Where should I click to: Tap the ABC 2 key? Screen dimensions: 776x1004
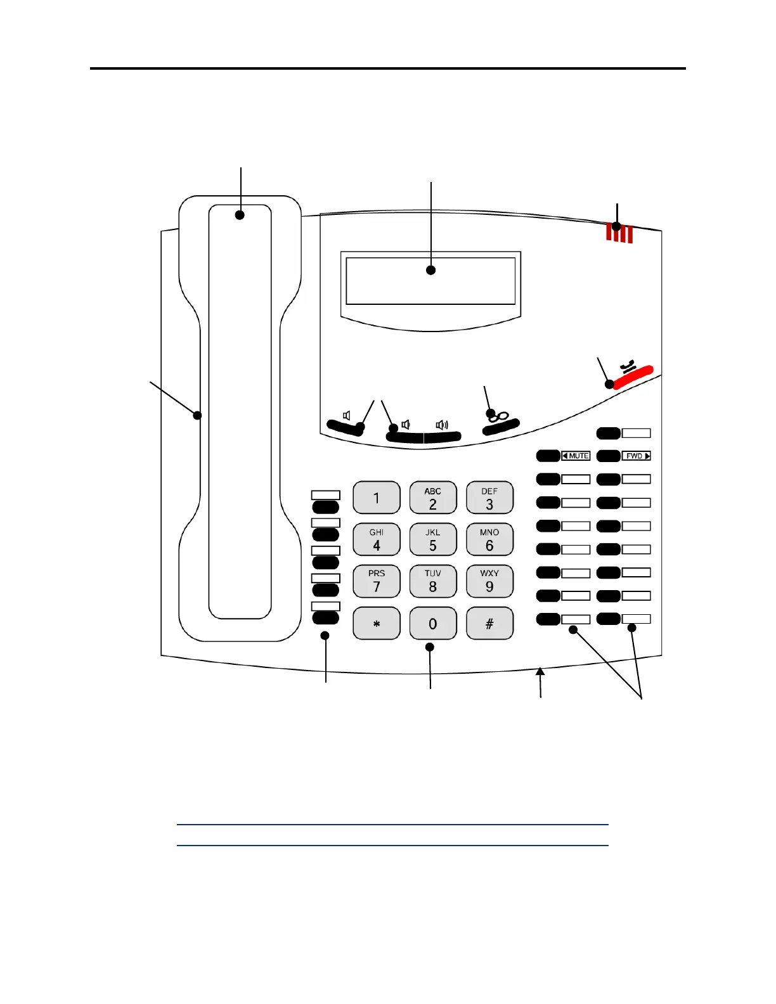pyautogui.click(x=433, y=498)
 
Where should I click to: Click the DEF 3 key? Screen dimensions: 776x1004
pyautogui.click(x=489, y=498)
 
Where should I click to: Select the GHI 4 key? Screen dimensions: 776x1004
pyautogui.click(x=377, y=539)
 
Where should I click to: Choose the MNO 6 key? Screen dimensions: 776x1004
pyautogui.click(x=489, y=539)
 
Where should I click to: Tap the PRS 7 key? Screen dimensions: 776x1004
pyautogui.click(x=377, y=581)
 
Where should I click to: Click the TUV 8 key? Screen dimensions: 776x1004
pyautogui.click(x=433, y=581)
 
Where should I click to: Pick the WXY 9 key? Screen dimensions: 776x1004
pyautogui.click(x=489, y=581)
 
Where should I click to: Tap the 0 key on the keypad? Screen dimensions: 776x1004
pyautogui.click(x=433, y=623)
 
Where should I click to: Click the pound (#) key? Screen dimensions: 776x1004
pyautogui.click(x=489, y=623)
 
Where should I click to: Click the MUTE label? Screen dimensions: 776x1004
pyautogui.click(x=576, y=456)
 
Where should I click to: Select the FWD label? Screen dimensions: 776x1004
pyautogui.click(x=637, y=456)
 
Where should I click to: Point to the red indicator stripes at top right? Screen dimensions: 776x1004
pyautogui.click(x=619, y=233)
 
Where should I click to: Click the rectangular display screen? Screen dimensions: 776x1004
pyautogui.click(x=430, y=281)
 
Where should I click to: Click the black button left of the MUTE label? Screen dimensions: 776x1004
pyautogui.click(x=548, y=456)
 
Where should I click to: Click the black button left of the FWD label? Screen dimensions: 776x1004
pyautogui.click(x=609, y=456)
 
